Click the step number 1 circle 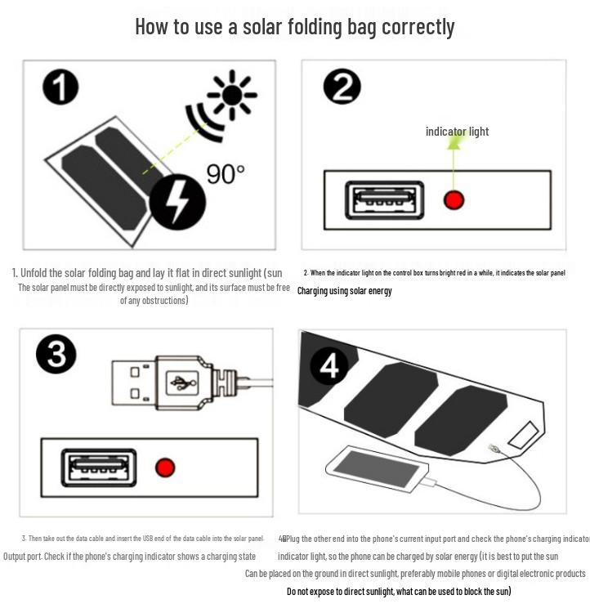point(60,87)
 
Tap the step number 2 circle point(342,87)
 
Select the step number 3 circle point(56,356)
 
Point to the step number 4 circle point(329,367)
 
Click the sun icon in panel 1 point(232,94)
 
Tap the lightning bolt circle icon point(177,201)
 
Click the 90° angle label point(225,173)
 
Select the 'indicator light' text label point(457,132)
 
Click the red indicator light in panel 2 point(454,199)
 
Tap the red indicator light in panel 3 point(165,468)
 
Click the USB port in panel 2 point(384,200)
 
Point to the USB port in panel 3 point(98,468)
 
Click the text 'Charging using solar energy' point(344,291)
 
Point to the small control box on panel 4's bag point(523,433)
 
